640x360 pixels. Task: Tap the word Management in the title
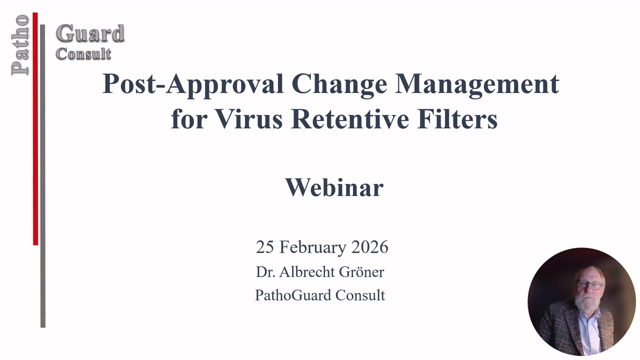tap(477, 84)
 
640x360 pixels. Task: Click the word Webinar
tap(334, 187)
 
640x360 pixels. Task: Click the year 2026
tap(369, 247)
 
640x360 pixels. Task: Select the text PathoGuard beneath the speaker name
tap(293, 295)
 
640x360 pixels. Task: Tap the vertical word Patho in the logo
tap(20, 45)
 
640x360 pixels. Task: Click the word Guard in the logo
tap(90, 34)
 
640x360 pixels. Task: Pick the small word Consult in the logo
tap(83, 53)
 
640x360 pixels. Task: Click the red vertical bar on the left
tap(35, 130)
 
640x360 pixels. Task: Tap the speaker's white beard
tap(585, 303)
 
